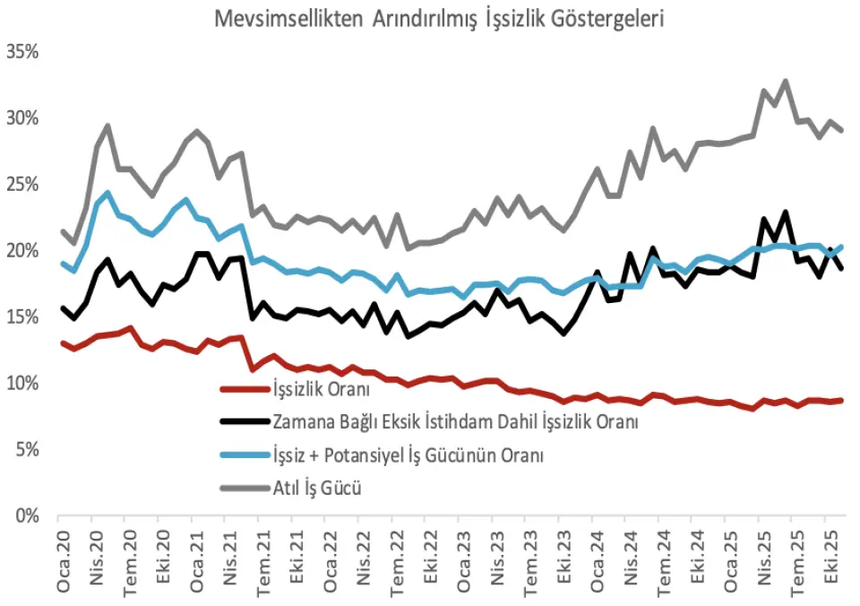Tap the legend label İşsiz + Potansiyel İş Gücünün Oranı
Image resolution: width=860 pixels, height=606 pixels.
click(x=408, y=455)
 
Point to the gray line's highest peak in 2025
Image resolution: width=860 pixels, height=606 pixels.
click(x=786, y=81)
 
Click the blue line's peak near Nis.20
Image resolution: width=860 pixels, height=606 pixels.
click(x=107, y=193)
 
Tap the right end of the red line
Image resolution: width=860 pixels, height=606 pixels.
click(x=842, y=400)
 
